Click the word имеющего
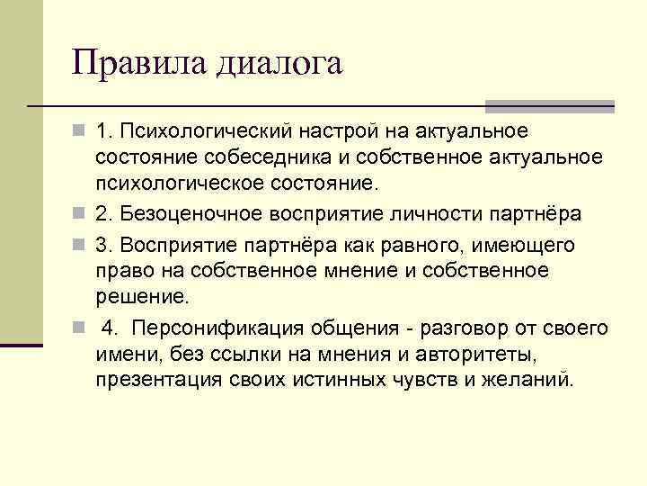[532, 245]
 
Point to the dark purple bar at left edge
[21, 344]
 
